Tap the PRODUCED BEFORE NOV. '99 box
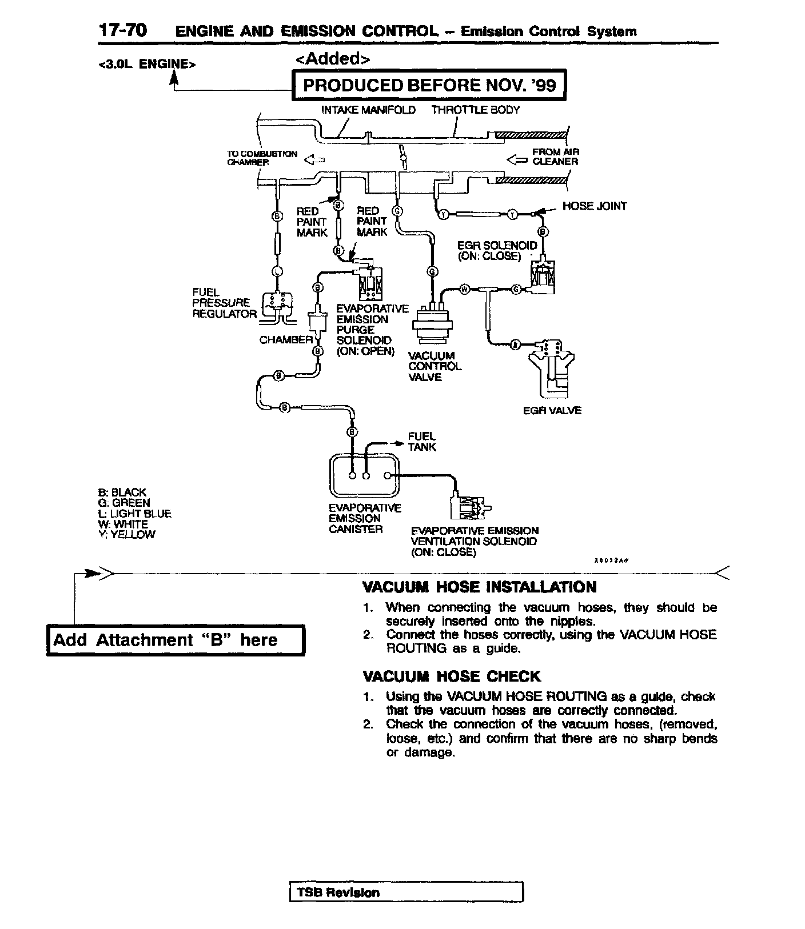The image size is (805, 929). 429,85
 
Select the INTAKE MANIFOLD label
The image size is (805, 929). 368,110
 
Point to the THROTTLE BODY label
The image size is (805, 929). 475,110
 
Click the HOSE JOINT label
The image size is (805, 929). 594,206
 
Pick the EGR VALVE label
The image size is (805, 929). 552,410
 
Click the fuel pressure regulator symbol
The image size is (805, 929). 277,305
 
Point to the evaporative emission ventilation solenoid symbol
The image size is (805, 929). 468,504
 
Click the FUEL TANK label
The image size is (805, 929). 422,442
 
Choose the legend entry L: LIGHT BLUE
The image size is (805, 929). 134,514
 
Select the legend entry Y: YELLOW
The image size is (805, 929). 126,535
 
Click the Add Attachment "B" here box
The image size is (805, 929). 176,640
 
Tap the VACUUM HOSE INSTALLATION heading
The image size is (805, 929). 480,587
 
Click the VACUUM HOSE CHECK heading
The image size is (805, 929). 451,676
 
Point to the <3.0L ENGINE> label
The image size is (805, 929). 147,64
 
